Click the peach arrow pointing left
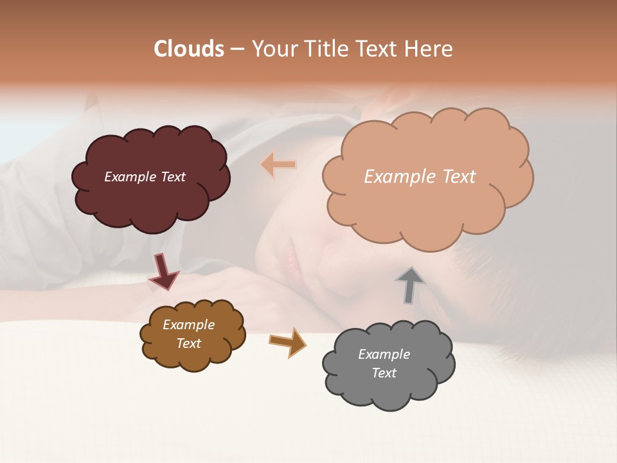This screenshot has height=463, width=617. point(278,165)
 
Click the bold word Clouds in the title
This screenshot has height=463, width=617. point(189,49)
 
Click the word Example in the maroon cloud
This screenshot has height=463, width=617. point(129,177)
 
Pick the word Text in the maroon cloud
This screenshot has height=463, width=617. point(172,177)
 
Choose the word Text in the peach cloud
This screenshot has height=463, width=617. point(459,177)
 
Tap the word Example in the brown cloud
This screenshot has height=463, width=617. point(188,325)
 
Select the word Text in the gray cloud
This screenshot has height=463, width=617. point(384,373)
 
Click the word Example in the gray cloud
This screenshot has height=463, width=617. point(384,354)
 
